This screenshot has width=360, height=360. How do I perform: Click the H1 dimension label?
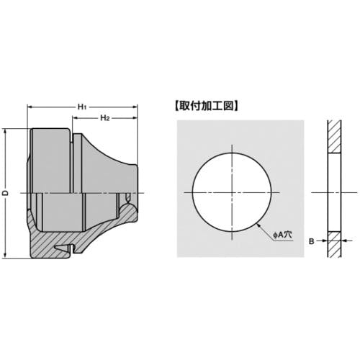click(x=82, y=107)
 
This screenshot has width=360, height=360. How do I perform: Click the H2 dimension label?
click(x=105, y=118)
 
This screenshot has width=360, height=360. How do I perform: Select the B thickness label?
click(x=311, y=241)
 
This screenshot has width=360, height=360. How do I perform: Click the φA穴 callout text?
click(x=282, y=235)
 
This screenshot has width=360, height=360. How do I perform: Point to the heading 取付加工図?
click(x=207, y=106)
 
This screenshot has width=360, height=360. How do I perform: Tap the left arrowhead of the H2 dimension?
click(x=76, y=118)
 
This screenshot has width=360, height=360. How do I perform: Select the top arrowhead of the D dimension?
click(x=5, y=132)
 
